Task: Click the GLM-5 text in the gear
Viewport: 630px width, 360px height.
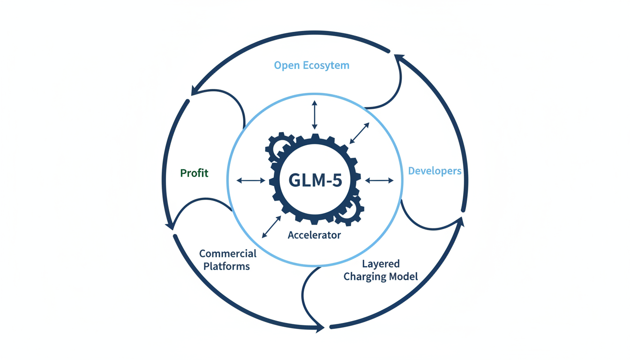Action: pyautogui.click(x=315, y=180)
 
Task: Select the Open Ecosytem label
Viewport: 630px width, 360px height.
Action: pyautogui.click(x=312, y=65)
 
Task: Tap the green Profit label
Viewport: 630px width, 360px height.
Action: pyautogui.click(x=194, y=173)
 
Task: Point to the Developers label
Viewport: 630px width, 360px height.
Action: pyautogui.click(x=435, y=171)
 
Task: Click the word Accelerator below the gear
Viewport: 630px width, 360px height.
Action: pyautogui.click(x=314, y=235)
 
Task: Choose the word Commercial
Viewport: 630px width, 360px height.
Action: pyautogui.click(x=228, y=254)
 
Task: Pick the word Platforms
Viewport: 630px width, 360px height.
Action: pyautogui.click(x=226, y=266)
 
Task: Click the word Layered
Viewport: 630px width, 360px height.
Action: pyautogui.click(x=381, y=264)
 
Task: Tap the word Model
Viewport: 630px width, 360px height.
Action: pyautogui.click(x=405, y=277)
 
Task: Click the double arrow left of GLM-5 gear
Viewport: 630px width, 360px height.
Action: pyautogui.click(x=251, y=180)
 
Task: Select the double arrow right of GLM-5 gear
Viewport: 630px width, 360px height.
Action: pyautogui.click(x=379, y=180)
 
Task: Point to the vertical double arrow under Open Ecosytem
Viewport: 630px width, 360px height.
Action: pyautogui.click(x=315, y=114)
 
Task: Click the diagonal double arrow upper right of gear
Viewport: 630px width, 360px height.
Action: pyautogui.click(x=360, y=133)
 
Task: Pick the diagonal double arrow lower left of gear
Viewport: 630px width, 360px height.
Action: pyautogui.click(x=271, y=227)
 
